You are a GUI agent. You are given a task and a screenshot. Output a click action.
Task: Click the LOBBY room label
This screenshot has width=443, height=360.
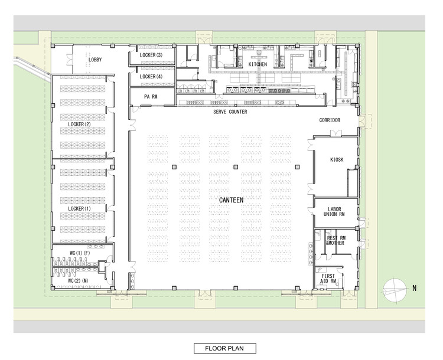point(95,60)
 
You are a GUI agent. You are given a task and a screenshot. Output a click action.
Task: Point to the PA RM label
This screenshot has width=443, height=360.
point(151,96)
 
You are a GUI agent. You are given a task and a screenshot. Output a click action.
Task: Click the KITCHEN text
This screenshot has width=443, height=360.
point(258,64)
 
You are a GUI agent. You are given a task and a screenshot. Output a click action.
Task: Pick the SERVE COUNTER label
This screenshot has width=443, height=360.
point(230,112)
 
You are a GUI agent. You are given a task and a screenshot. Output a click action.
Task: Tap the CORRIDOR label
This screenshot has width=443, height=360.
point(330,120)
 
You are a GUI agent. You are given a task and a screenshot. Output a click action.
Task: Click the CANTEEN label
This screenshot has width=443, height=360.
point(231,200)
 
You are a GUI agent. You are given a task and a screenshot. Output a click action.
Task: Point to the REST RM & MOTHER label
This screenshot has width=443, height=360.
point(335,240)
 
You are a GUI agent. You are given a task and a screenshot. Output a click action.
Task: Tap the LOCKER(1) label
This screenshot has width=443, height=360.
point(79,208)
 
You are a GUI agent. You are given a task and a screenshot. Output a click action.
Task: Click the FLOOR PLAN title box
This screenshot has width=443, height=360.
point(225,348)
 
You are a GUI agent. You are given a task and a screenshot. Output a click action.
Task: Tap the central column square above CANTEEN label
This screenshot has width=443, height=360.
point(235,168)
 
